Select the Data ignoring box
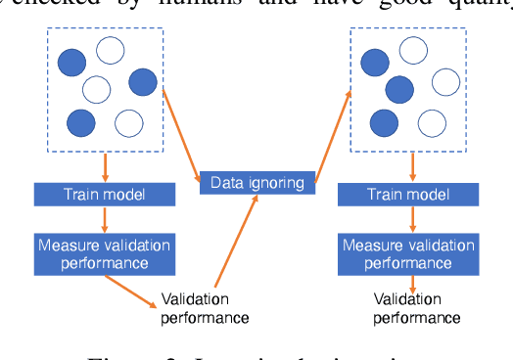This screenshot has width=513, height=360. click(257, 182)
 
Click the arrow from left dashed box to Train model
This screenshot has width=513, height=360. click(104, 165)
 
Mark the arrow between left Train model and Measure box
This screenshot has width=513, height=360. click(104, 218)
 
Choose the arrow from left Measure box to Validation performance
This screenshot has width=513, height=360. click(133, 285)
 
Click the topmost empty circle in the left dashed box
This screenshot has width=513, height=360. click(111, 50)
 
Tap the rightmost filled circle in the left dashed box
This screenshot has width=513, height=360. click(143, 82)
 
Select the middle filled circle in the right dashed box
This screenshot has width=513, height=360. click(398, 90)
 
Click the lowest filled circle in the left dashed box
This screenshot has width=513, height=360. click(81, 122)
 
